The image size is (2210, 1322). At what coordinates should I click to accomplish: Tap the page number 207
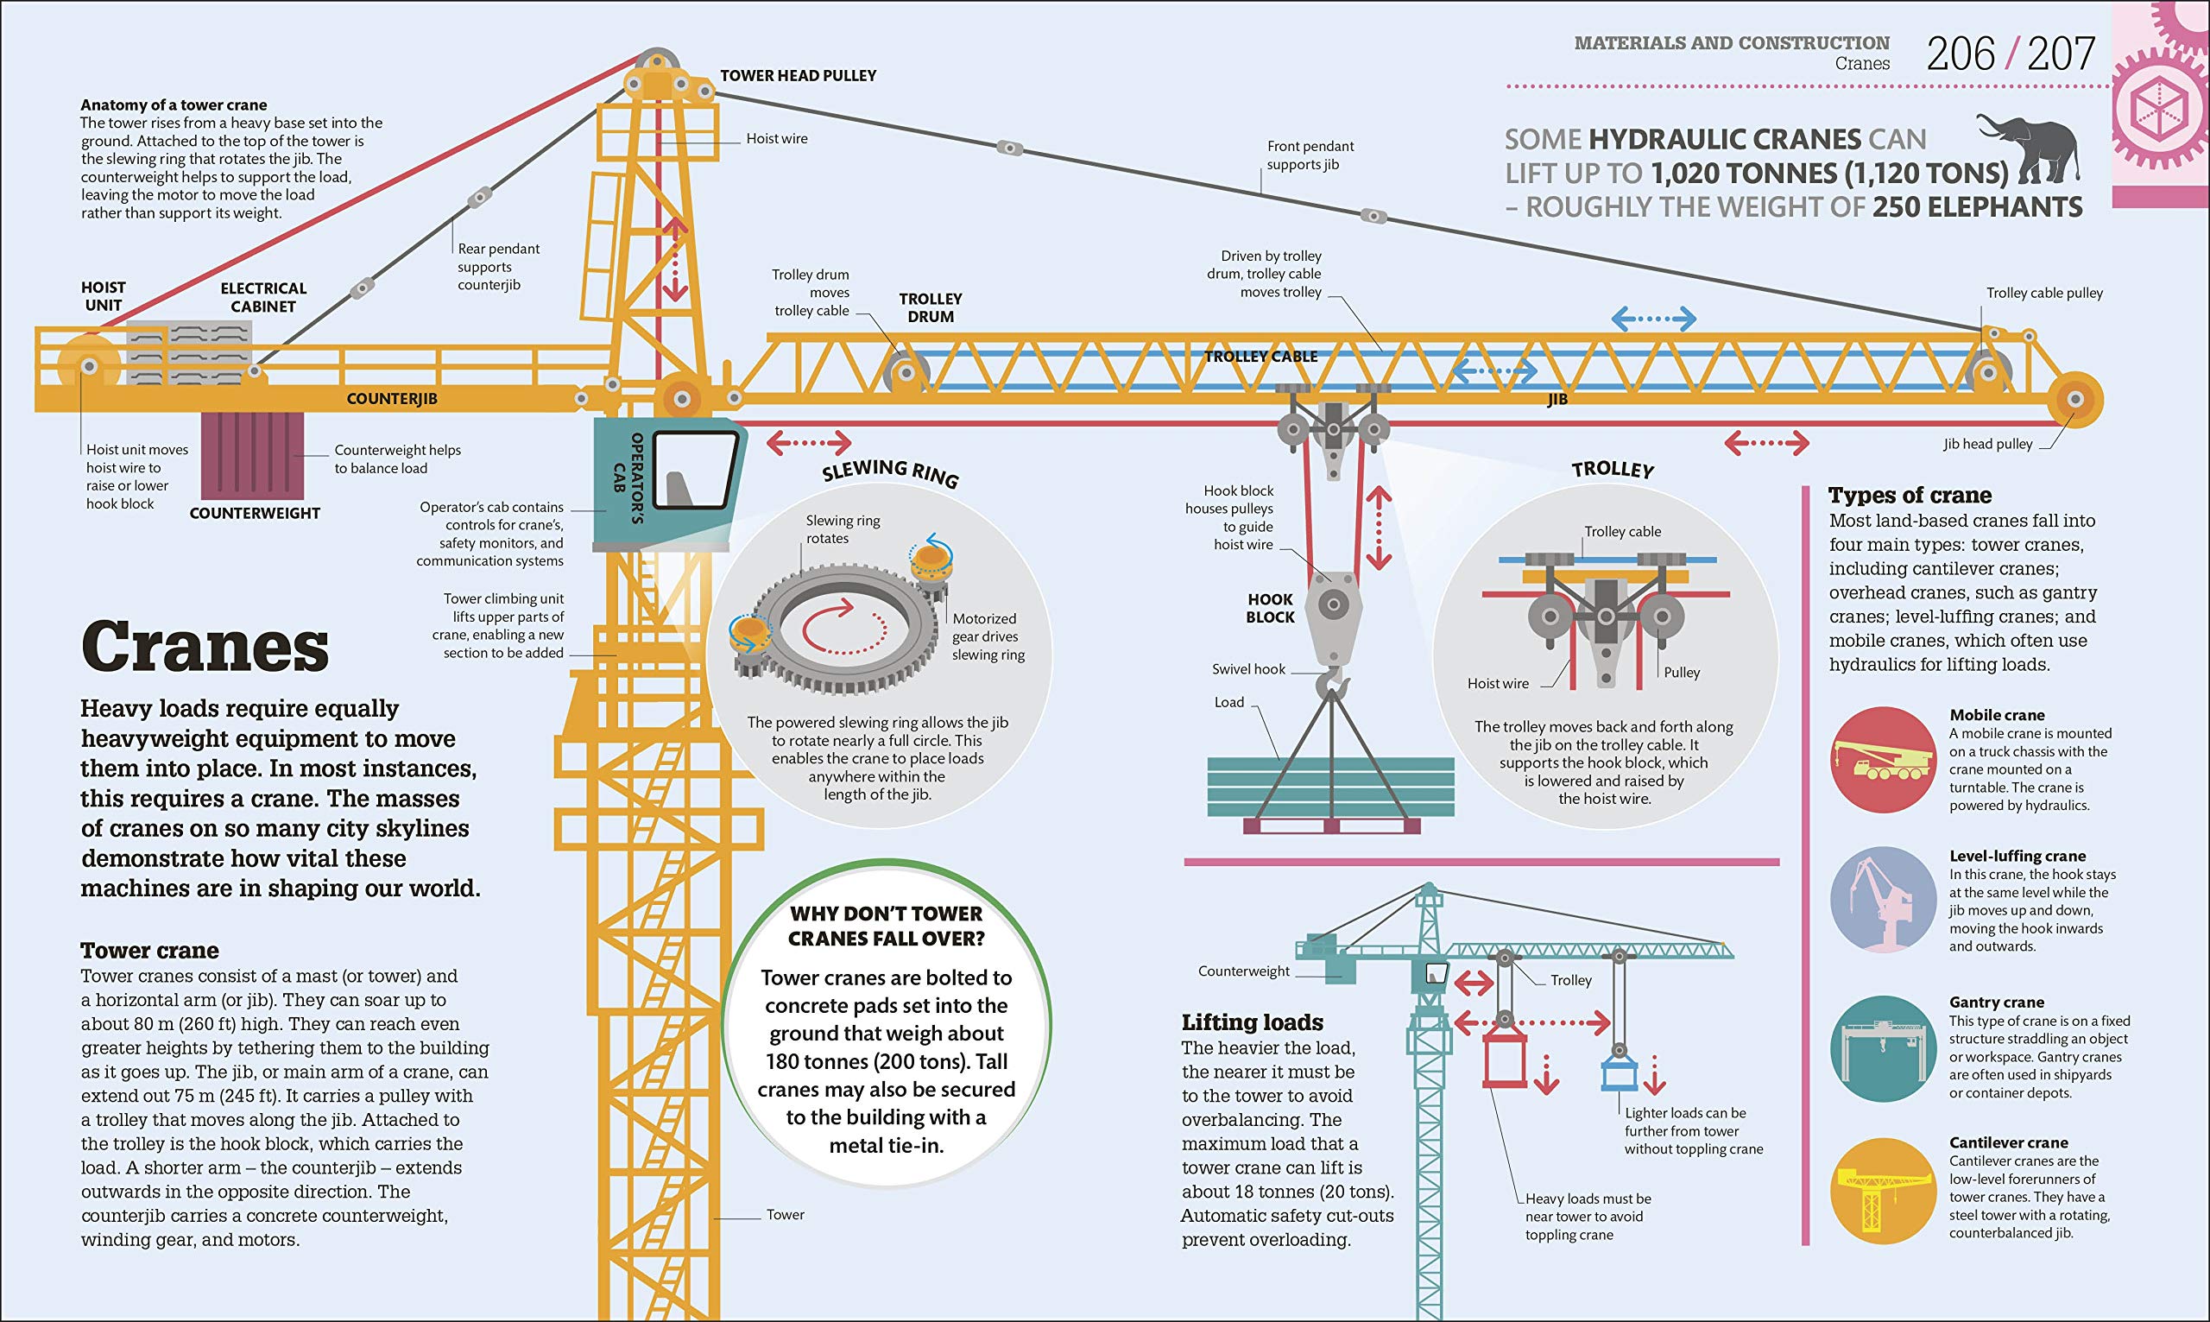2062,55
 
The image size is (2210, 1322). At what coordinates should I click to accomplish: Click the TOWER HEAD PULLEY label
798,76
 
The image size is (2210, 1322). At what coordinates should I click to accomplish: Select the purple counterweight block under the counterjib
252,455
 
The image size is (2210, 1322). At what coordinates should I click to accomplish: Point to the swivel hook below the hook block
1332,684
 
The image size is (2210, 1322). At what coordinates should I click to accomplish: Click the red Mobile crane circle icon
1883,759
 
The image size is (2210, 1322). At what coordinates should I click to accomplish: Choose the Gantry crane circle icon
1883,1048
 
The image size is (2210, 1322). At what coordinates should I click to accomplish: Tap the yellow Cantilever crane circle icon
1883,1191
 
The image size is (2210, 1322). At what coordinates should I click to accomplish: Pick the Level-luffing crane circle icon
1883,900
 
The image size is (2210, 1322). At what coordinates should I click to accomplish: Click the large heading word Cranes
205,647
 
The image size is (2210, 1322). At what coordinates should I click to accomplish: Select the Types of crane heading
1910,496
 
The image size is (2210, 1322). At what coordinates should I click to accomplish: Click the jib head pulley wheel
2074,399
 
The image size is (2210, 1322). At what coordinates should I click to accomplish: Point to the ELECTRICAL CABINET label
262,298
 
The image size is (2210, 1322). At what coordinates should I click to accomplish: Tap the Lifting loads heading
1252,1022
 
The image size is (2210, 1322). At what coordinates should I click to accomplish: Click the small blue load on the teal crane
1619,1073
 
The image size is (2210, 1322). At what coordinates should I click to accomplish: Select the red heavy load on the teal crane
1505,1059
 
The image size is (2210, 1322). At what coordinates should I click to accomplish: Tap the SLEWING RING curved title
889,471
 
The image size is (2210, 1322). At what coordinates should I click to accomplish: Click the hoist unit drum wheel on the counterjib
88,366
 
